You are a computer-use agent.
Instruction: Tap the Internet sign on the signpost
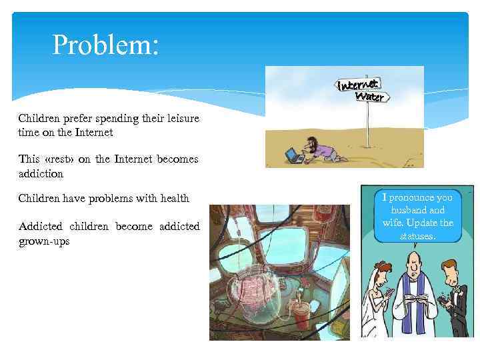pyautogui.click(x=359, y=85)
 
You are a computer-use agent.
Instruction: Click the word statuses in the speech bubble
pyautogui.click(x=417, y=235)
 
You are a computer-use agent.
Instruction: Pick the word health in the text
pyautogui.click(x=174, y=198)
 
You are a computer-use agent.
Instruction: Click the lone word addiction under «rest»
pyautogui.click(x=41, y=173)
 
